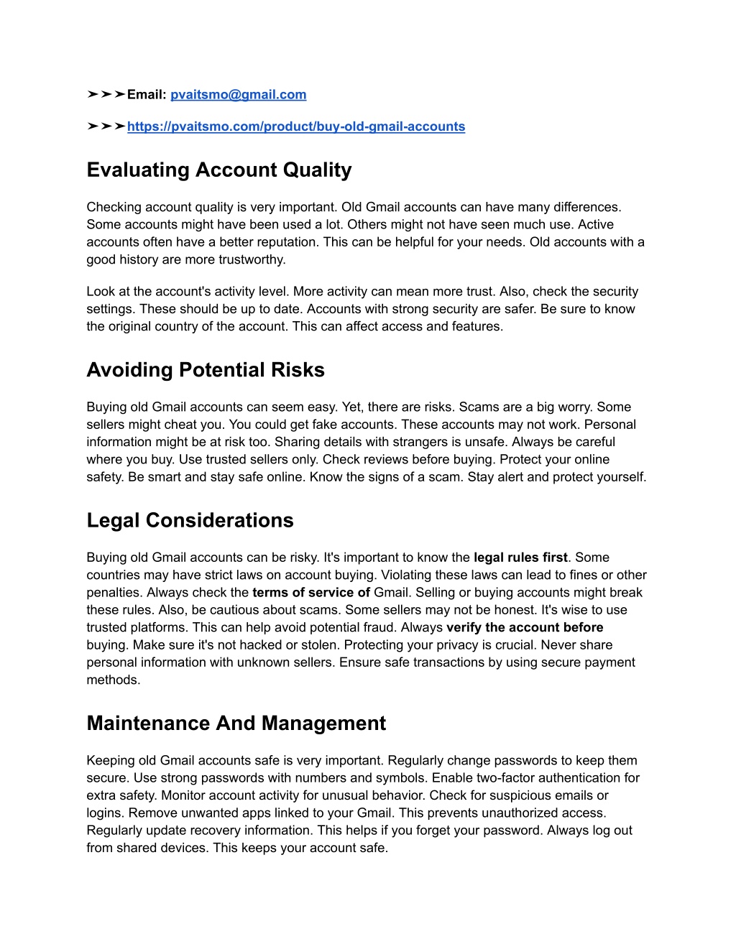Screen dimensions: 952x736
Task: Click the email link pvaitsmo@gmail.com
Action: tap(238, 95)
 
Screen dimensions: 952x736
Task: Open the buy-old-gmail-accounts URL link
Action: tap(296, 126)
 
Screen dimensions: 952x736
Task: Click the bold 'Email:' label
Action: tap(147, 95)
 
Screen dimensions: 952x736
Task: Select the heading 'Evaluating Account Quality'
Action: tap(219, 170)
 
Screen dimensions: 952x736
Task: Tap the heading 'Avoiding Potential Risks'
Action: tap(206, 370)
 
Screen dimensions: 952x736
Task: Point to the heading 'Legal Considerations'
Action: tap(190, 520)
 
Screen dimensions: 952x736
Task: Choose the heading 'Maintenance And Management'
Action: tap(236, 723)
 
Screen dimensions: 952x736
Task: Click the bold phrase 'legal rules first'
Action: tap(520, 558)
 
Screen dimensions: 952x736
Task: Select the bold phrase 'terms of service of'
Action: tap(311, 593)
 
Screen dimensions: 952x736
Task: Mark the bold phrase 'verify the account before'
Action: tap(525, 627)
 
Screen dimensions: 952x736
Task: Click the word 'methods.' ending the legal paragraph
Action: tap(114, 680)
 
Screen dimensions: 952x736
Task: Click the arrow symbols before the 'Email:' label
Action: tap(106, 95)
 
